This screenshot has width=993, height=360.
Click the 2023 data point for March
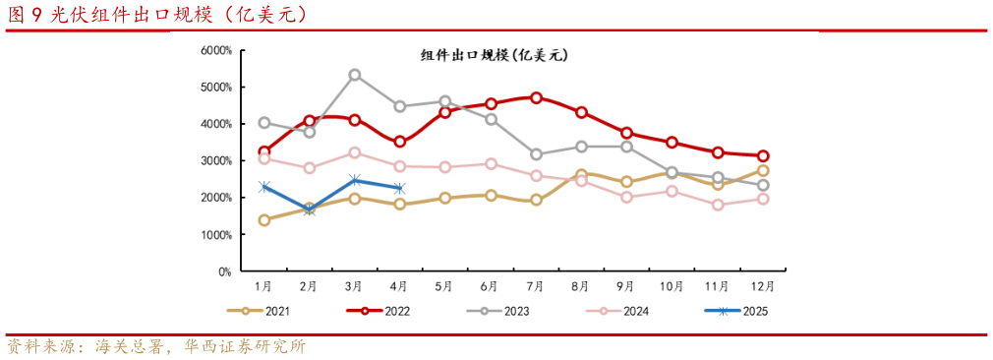tap(355, 75)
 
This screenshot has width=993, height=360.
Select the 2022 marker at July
tap(536, 97)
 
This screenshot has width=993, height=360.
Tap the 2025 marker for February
tap(310, 210)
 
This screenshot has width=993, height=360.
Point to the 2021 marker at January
tap(264, 220)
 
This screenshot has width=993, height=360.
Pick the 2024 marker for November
tap(718, 205)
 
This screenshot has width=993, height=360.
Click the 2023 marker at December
tap(763, 185)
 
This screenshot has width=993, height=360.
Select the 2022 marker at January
tap(264, 151)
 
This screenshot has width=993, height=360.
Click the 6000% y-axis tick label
tap(215, 50)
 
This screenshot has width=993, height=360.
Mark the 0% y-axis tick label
tap(223, 271)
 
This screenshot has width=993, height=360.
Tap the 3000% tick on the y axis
tap(215, 160)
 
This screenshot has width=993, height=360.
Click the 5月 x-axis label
tap(444, 286)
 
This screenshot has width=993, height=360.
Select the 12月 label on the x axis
tap(762, 286)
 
